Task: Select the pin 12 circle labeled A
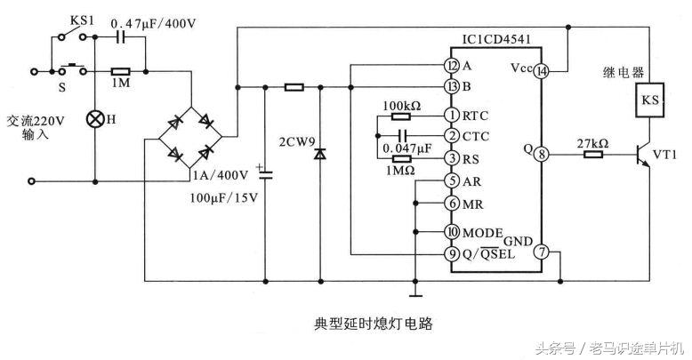tap(452, 65)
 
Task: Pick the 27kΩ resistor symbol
tap(592, 154)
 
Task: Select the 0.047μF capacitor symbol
tap(386, 136)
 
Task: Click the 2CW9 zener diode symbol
tap(318, 153)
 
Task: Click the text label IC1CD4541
tap(493, 39)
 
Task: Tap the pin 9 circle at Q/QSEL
tap(452, 253)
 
